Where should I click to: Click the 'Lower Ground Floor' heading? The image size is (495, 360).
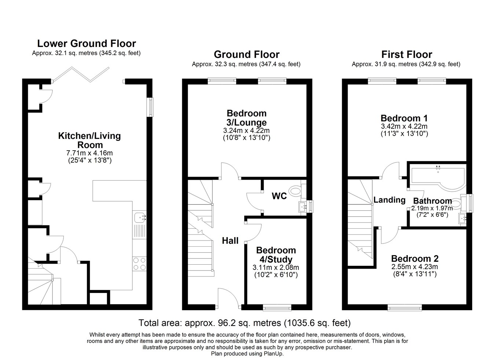(87, 44)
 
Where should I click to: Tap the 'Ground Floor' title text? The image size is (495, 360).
(246, 55)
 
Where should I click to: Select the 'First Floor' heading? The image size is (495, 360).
(406, 55)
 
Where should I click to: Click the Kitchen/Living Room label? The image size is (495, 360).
(89, 140)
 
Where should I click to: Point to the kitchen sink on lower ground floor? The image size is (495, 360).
(139, 217)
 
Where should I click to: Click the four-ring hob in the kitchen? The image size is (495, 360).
(139, 264)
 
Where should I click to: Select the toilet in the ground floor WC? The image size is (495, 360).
(295, 191)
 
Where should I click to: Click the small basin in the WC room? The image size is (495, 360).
(304, 206)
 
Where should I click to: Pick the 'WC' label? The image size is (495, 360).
(279, 196)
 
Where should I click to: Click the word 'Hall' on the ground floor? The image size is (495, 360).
(230, 241)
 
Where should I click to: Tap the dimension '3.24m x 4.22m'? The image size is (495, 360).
(246, 131)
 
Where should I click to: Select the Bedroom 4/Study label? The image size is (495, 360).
(276, 255)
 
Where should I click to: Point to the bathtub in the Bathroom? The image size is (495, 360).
(437, 177)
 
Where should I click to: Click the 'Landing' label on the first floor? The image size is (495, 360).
(389, 200)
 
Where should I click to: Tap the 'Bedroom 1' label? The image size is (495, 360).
(404, 118)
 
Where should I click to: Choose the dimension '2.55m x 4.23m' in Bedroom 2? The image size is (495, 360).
(415, 267)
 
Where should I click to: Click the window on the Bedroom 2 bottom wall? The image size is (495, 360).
(405, 307)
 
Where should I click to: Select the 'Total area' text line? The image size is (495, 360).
(244, 323)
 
